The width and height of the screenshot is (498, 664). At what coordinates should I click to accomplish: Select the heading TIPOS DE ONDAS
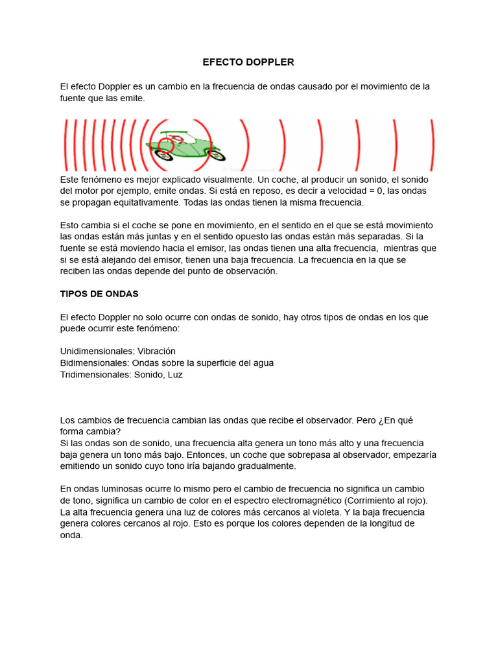pyautogui.click(x=99, y=294)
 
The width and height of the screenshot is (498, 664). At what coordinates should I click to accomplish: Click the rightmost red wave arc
pyautogui.click(x=433, y=144)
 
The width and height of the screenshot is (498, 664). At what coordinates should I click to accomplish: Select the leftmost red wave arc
pyautogui.click(x=65, y=144)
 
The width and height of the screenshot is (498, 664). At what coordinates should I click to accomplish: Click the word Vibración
pyautogui.click(x=156, y=351)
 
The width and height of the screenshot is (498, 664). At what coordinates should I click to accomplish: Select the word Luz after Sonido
pyautogui.click(x=175, y=374)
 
